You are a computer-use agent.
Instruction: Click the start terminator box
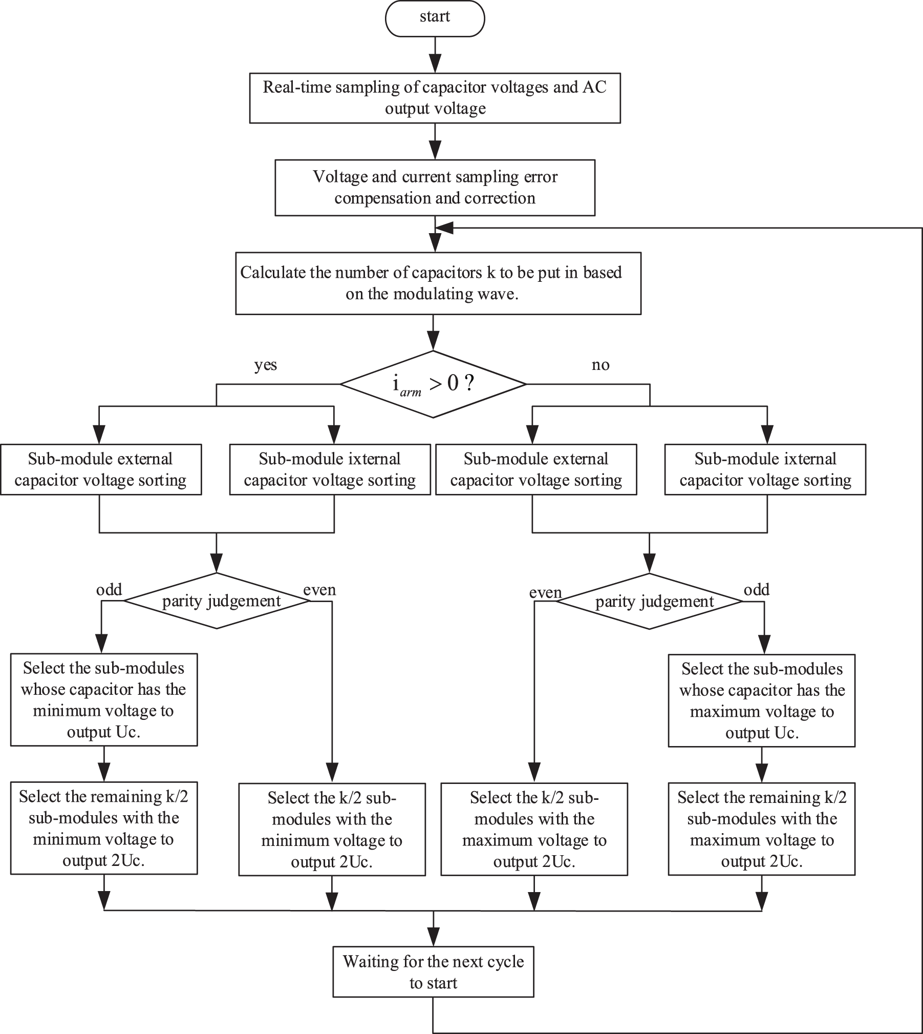click(x=435, y=18)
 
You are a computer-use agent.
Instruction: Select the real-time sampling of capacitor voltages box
click(x=435, y=98)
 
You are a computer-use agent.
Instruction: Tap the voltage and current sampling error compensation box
click(x=435, y=188)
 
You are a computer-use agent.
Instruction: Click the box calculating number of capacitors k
click(x=438, y=283)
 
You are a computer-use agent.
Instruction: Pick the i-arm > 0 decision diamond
click(x=433, y=384)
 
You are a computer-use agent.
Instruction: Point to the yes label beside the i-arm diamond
click(x=266, y=365)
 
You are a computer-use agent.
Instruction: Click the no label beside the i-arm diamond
click(x=600, y=365)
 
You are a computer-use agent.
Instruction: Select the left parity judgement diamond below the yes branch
click(x=217, y=601)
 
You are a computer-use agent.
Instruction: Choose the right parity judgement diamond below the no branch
click(x=650, y=601)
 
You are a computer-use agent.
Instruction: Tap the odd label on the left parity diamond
click(x=109, y=590)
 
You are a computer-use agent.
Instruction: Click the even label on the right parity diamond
click(x=545, y=593)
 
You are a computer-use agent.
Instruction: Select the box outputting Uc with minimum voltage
click(x=104, y=699)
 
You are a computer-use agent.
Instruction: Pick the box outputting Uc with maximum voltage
click(x=762, y=700)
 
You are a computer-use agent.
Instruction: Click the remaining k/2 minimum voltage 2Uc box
click(x=104, y=828)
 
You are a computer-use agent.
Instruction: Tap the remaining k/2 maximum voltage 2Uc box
click(x=762, y=829)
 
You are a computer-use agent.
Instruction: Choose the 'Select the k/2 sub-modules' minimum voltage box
click(x=332, y=829)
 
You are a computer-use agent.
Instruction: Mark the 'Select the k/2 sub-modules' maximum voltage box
click(x=534, y=829)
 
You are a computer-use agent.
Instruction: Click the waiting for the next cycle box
click(x=434, y=972)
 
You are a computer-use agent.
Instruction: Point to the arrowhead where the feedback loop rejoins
click(x=444, y=228)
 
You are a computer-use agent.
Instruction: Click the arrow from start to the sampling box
click(x=435, y=55)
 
